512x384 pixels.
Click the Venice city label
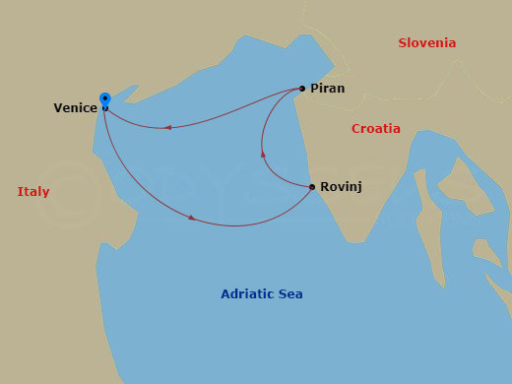[75, 108]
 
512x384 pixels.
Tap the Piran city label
[327, 89]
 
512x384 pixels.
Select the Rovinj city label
[341, 187]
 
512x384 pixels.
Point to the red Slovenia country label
[426, 43]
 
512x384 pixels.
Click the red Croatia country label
[375, 129]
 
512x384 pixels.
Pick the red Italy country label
[33, 192]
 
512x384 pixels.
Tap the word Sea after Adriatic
[291, 294]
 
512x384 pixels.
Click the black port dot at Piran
[302, 89]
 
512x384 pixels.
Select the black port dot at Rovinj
[312, 187]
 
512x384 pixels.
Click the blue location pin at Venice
[104, 99]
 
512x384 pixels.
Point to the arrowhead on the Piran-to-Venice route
[168, 127]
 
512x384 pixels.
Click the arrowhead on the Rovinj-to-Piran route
[263, 154]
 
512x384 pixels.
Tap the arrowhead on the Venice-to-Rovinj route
[191, 217]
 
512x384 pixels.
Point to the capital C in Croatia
[356, 129]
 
